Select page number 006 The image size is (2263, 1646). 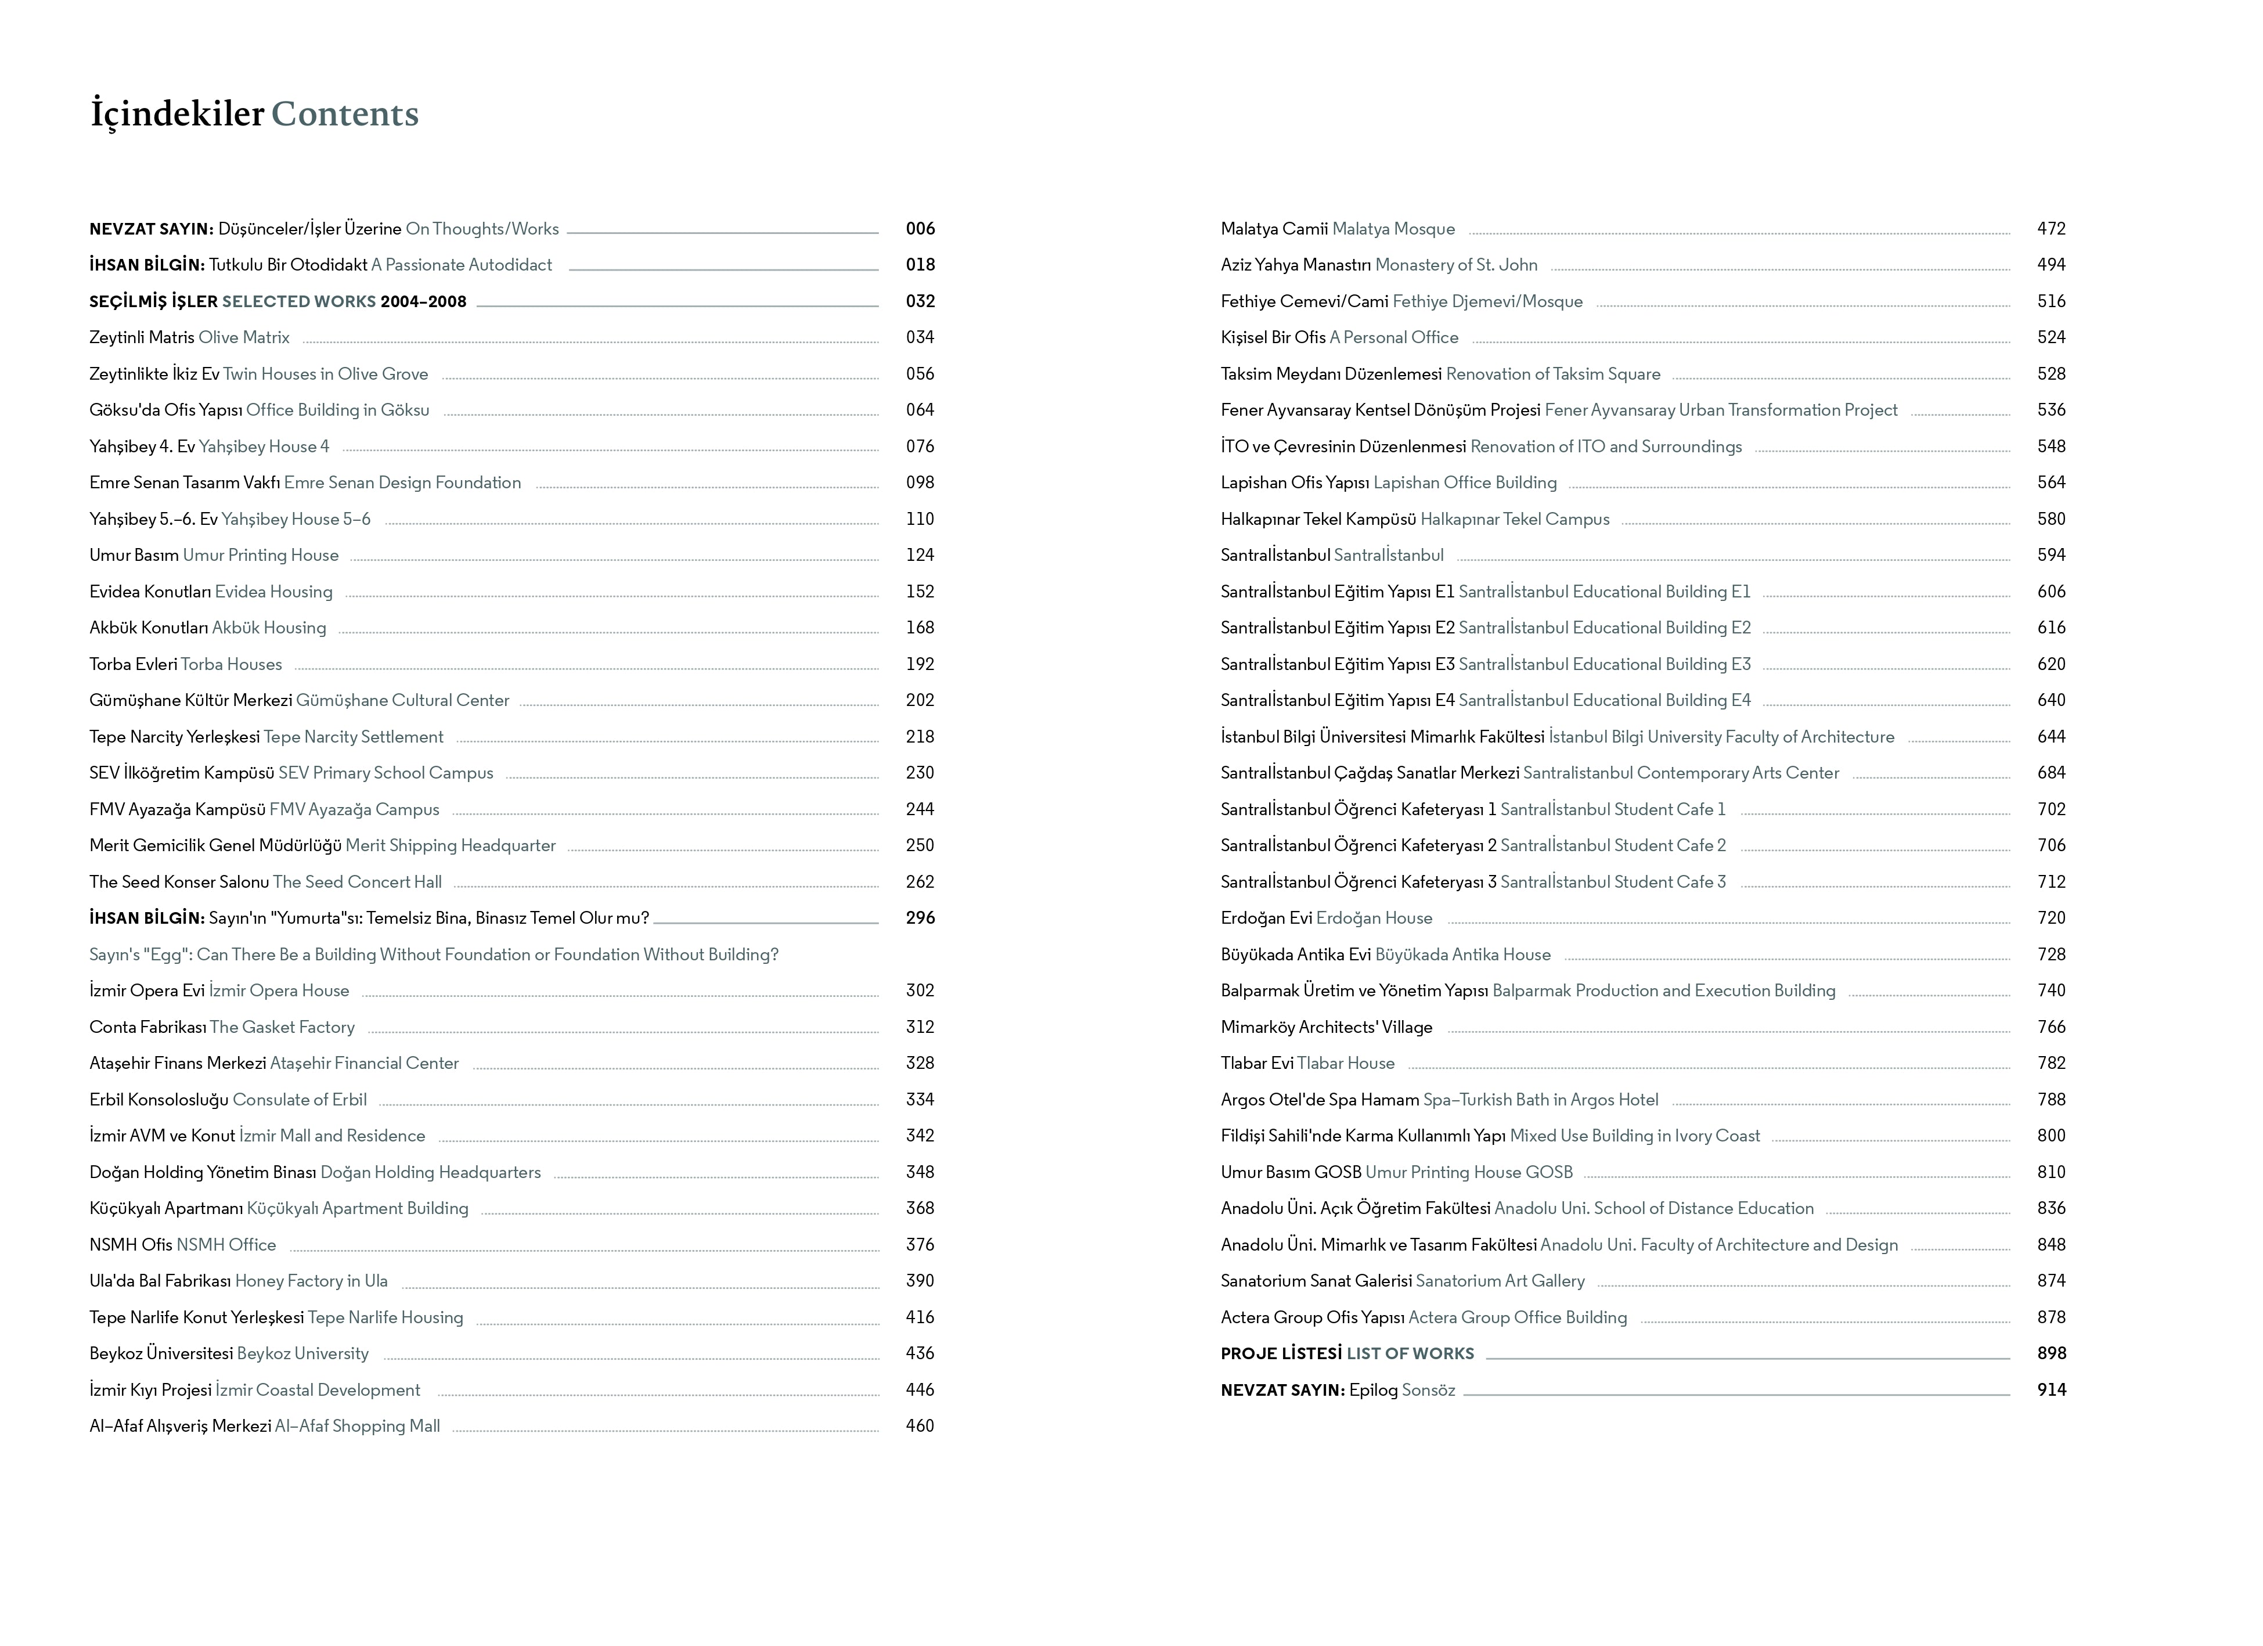click(920, 228)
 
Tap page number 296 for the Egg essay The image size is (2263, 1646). click(920, 918)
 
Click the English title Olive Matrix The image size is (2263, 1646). click(244, 337)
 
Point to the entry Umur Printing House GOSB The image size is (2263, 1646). click(1469, 1172)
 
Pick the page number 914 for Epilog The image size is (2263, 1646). click(2052, 1389)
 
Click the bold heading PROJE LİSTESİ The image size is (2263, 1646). click(1281, 1354)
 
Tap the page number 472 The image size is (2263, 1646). click(2052, 228)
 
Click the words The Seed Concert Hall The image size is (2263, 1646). click(357, 882)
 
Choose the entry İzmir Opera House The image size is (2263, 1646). click(279, 991)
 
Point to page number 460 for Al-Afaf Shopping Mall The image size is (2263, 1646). click(920, 1425)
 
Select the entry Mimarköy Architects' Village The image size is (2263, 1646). click(1326, 1027)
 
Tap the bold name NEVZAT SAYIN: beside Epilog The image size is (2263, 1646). click(1283, 1389)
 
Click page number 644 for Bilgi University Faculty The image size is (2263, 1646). click(2052, 736)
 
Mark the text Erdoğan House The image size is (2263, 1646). click(1374, 918)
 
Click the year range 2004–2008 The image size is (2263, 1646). click(423, 301)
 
